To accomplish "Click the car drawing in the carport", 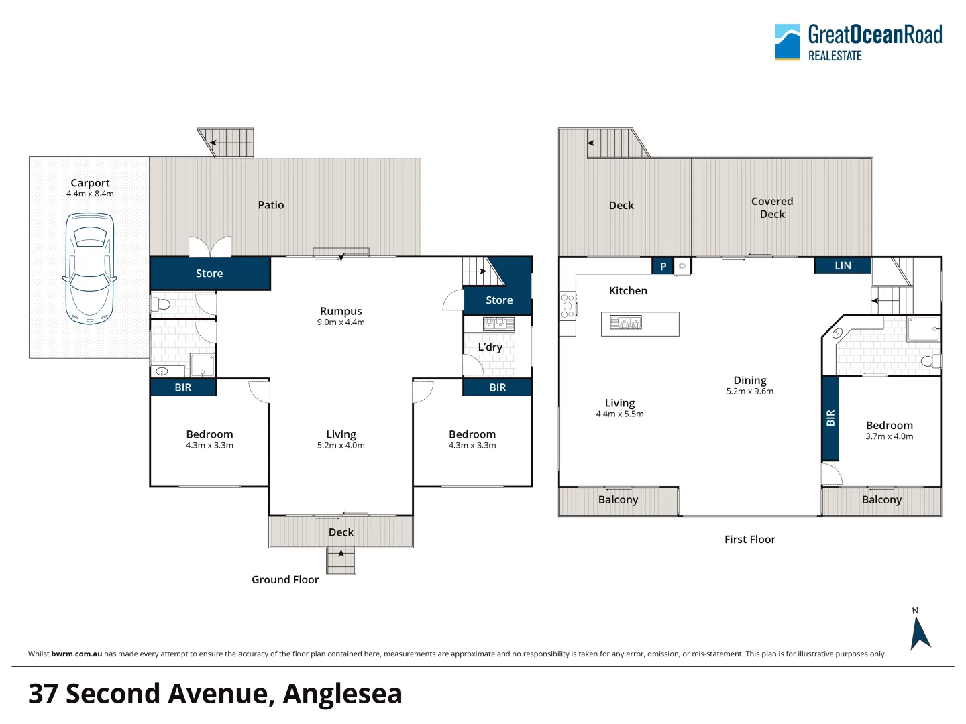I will (x=89, y=269).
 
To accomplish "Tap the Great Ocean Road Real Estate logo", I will (x=858, y=42).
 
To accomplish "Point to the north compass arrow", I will (x=920, y=632).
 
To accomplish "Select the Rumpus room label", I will (x=341, y=311).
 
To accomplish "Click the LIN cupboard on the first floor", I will (x=843, y=266).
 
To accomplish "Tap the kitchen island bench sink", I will (x=625, y=323).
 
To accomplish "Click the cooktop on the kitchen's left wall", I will (x=568, y=306).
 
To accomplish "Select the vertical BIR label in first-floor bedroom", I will (x=830, y=418).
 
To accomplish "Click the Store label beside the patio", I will (x=209, y=274).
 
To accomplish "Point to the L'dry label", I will (x=490, y=347).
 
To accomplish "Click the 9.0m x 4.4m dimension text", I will (x=341, y=322).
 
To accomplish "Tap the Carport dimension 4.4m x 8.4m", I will (x=90, y=194).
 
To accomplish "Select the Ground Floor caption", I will (x=285, y=579).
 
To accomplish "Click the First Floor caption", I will (x=749, y=539).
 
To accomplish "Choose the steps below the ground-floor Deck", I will (x=341, y=560).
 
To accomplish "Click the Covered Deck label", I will (x=772, y=207).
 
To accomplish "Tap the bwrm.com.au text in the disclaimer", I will (x=76, y=654).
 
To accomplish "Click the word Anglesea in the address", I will (x=342, y=694).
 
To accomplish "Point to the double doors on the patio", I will (x=210, y=247).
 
